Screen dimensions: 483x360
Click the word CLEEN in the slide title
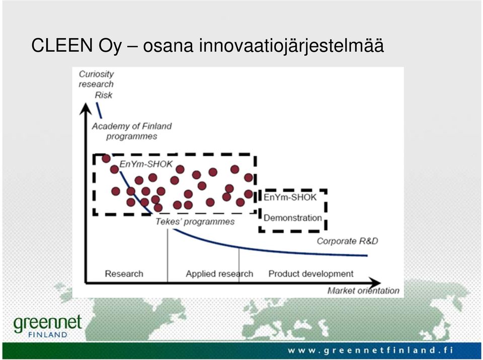click(61, 45)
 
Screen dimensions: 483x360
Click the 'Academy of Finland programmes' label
click(132, 131)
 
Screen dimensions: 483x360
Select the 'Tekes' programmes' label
click(195, 222)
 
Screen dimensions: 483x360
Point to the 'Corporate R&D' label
click(348, 241)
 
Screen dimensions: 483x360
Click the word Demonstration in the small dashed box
click(293, 218)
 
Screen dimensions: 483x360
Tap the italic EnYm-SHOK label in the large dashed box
click(146, 164)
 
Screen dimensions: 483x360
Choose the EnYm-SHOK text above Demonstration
click(290, 197)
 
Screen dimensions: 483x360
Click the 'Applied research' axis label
click(219, 274)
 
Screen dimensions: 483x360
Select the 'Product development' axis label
click(311, 274)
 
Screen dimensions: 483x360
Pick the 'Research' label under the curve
click(124, 274)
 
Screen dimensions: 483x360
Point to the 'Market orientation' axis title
click(363, 291)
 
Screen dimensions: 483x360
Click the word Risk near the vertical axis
click(104, 95)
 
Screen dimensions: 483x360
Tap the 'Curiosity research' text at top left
click(96, 79)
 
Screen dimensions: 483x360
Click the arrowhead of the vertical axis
click(86, 108)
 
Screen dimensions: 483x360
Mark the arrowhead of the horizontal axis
click(374, 283)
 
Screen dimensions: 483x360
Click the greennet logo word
click(48, 323)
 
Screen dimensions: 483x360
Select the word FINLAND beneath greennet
click(48, 335)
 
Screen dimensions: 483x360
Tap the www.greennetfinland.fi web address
click(371, 350)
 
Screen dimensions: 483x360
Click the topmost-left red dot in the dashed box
click(106, 158)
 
